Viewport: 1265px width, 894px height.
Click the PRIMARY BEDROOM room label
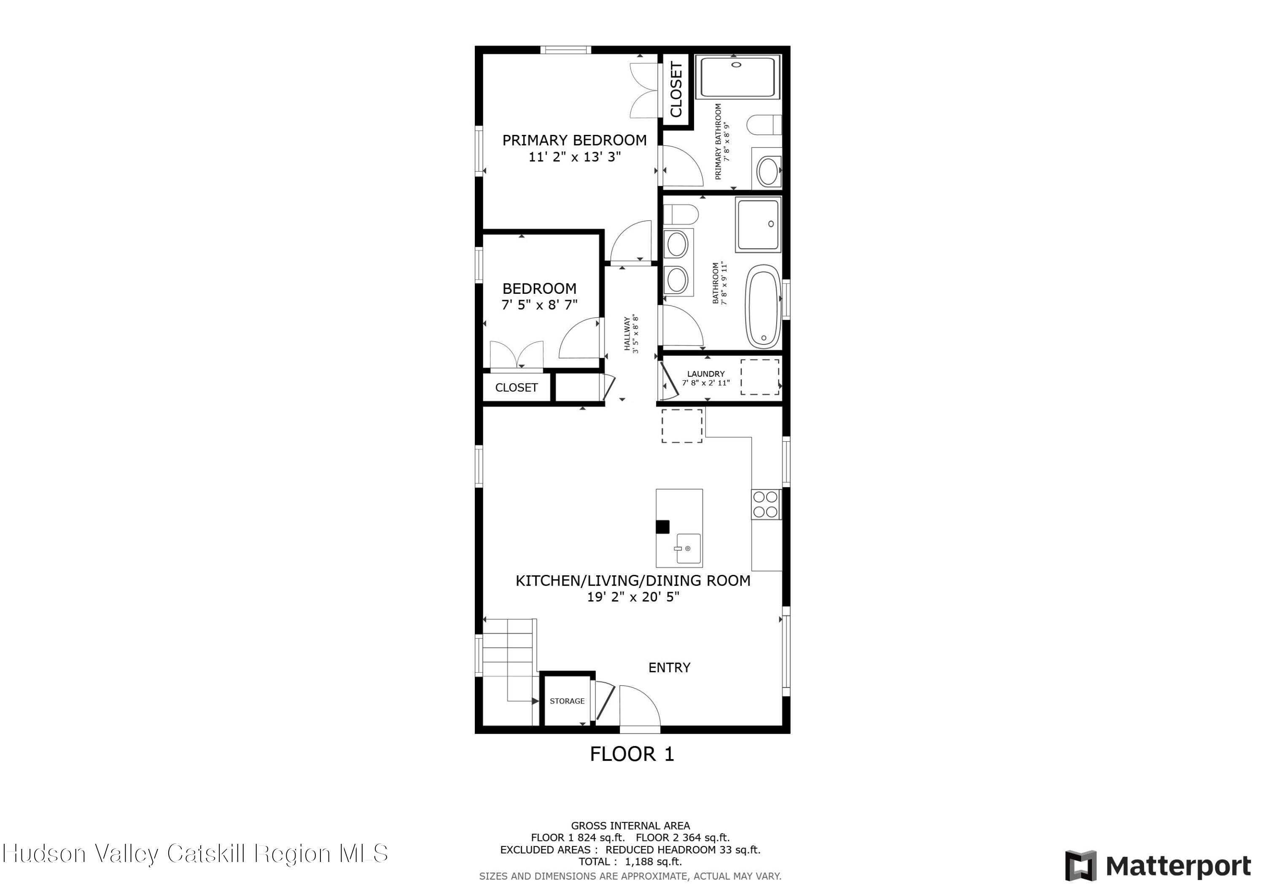pyautogui.click(x=574, y=140)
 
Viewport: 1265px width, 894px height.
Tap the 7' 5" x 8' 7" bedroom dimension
pyautogui.click(x=539, y=305)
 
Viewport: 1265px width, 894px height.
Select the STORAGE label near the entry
pyautogui.click(x=567, y=701)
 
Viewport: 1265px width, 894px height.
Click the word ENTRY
pyautogui.click(x=669, y=668)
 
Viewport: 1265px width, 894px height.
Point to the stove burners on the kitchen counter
pyautogui.click(x=765, y=505)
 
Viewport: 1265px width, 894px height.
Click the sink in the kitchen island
pyautogui.click(x=688, y=549)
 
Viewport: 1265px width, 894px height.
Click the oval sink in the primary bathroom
pyautogui.click(x=767, y=171)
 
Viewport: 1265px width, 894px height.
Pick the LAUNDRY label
pyautogui.click(x=706, y=374)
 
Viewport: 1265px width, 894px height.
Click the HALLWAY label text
pyautogui.click(x=627, y=334)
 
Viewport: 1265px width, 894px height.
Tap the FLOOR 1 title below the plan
pyautogui.click(x=632, y=754)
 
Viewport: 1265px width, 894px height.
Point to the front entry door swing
pyautogui.click(x=640, y=706)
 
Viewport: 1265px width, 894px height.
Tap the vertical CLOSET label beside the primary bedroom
pyautogui.click(x=676, y=89)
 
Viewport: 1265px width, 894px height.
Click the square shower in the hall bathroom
pyautogui.click(x=758, y=225)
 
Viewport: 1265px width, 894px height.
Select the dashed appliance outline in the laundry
pyautogui.click(x=759, y=377)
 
